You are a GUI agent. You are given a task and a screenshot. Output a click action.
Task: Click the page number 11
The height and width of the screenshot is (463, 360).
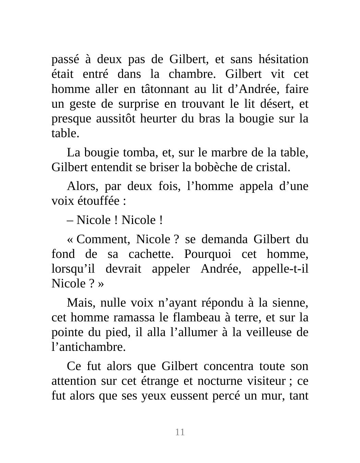[x=180, y=432]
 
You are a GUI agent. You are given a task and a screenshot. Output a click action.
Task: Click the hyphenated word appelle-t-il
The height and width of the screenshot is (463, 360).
[x=280, y=269]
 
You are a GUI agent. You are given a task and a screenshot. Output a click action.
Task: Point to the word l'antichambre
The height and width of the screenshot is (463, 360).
[x=88, y=347]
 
